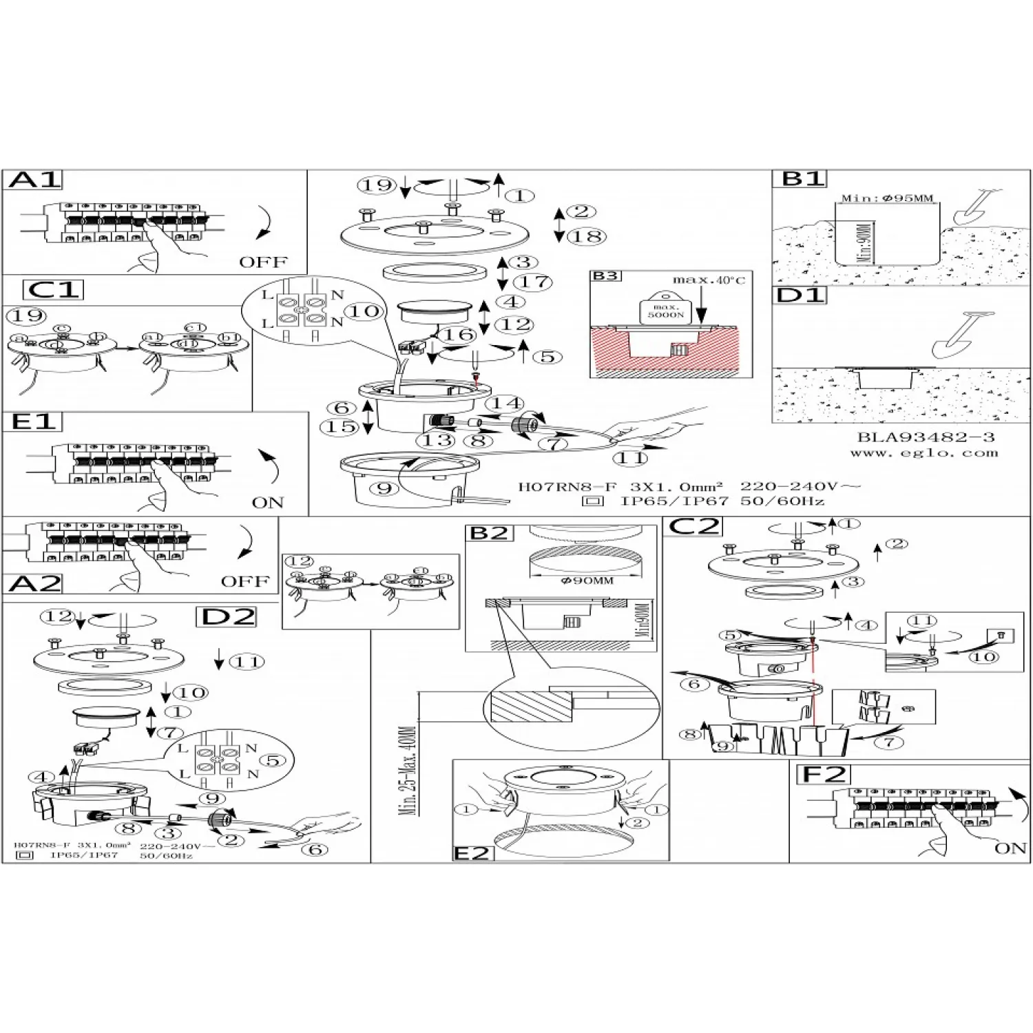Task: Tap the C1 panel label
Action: click(x=53, y=289)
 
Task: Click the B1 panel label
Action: click(x=803, y=179)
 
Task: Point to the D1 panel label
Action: click(x=800, y=296)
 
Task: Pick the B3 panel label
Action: click(x=605, y=276)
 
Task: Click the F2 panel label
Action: click(x=824, y=775)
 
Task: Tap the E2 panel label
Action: click(x=472, y=853)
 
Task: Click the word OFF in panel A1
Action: click(x=263, y=262)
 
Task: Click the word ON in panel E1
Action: click(x=268, y=502)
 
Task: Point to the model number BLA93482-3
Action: click(x=926, y=437)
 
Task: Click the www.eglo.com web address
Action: click(x=924, y=453)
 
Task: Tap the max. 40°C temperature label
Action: click(x=709, y=280)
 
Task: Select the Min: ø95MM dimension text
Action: click(x=886, y=198)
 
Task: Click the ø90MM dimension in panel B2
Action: click(x=587, y=580)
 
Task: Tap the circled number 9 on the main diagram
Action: click(x=384, y=489)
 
